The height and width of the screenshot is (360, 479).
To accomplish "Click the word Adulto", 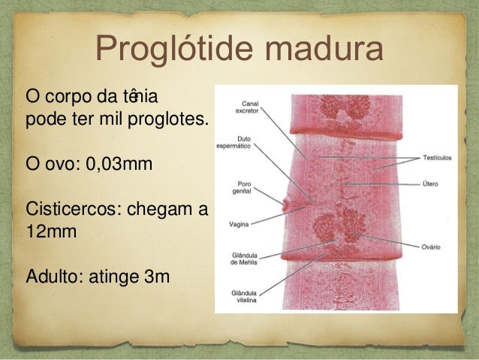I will pyautogui.click(x=55, y=278).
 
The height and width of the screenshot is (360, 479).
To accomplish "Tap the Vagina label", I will pyautogui.click(x=240, y=222).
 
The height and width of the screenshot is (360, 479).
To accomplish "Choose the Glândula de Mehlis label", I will pyautogui.click(x=248, y=259).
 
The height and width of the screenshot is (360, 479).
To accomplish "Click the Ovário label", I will pyautogui.click(x=431, y=246).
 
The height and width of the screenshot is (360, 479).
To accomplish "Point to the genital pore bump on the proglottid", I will pyautogui.click(x=286, y=202).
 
